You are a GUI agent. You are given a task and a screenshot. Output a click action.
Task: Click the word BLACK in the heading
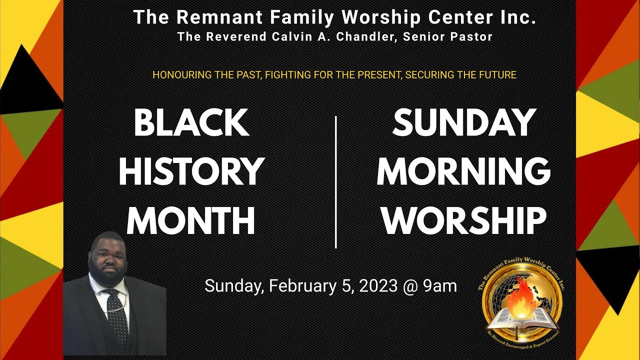click(x=191, y=123)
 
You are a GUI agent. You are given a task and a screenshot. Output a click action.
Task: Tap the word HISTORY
click(x=191, y=171)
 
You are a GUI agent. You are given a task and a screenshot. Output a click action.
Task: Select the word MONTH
click(x=191, y=220)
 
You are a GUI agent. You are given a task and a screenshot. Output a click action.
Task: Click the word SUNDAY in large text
click(x=464, y=123)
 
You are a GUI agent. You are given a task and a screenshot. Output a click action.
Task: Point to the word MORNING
click(x=463, y=171)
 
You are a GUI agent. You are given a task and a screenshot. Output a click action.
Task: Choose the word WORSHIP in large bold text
click(x=464, y=220)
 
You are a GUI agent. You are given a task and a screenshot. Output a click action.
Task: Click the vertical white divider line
click(x=335, y=182)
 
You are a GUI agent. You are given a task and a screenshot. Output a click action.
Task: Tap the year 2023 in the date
click(x=377, y=286)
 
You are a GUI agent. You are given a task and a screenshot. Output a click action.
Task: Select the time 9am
click(x=440, y=286)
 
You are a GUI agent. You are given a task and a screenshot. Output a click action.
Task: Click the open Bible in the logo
click(x=521, y=319)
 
